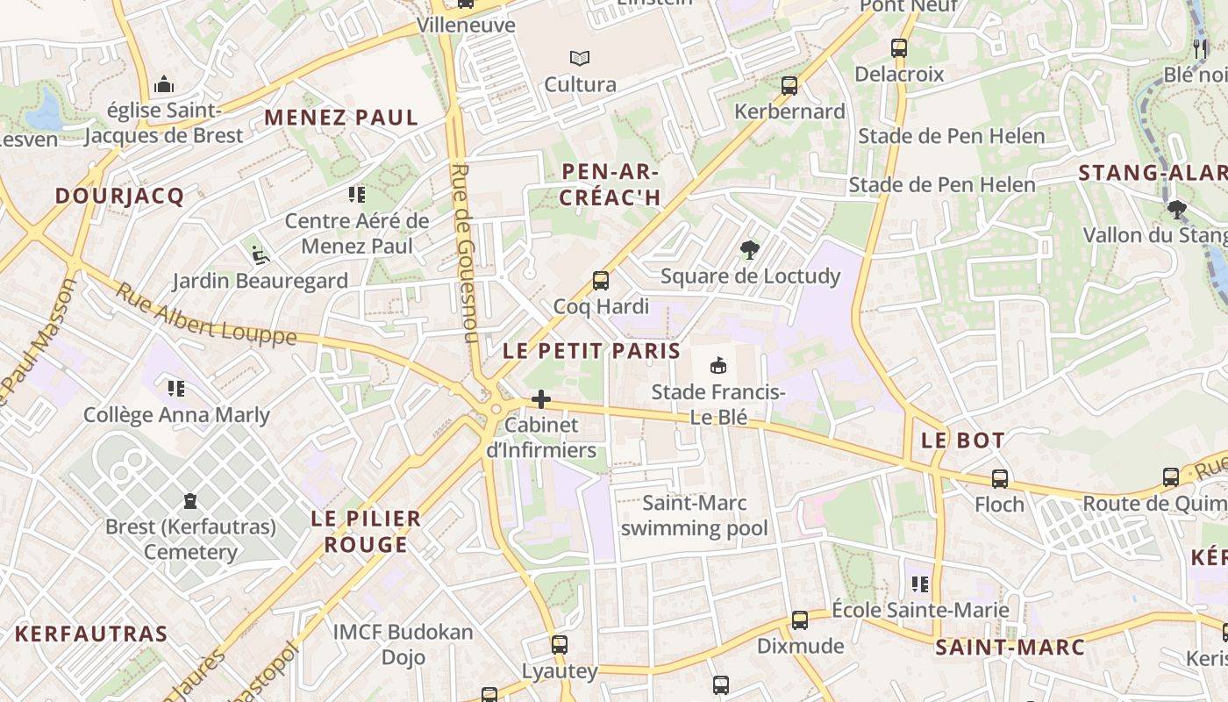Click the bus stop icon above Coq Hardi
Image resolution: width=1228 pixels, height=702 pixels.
601,281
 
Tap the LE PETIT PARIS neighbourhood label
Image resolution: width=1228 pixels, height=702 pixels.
592,351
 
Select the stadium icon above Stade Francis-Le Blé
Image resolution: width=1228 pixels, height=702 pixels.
718,365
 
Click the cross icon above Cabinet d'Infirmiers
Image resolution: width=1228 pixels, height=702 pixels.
541,400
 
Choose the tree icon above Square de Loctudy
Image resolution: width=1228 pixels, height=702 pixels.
749,251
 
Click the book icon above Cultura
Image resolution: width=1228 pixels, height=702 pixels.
580,59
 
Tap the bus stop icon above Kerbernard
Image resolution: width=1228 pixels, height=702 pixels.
789,86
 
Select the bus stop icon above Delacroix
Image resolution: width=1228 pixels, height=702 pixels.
899,48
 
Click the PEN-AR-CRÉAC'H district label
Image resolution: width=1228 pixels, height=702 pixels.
610,184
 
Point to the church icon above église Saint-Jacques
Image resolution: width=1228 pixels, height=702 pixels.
163,86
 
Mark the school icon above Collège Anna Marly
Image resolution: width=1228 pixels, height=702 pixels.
176,388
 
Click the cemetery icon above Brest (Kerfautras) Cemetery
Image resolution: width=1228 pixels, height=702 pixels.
190,502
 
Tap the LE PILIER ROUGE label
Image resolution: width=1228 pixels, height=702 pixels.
367,532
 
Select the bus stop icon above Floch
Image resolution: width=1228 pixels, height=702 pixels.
1000,479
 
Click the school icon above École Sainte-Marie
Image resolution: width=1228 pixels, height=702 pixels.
919,584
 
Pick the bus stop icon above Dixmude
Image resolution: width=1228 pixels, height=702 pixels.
800,620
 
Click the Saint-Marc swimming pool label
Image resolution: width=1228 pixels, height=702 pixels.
695,516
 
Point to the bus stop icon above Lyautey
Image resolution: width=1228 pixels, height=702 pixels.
560,646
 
